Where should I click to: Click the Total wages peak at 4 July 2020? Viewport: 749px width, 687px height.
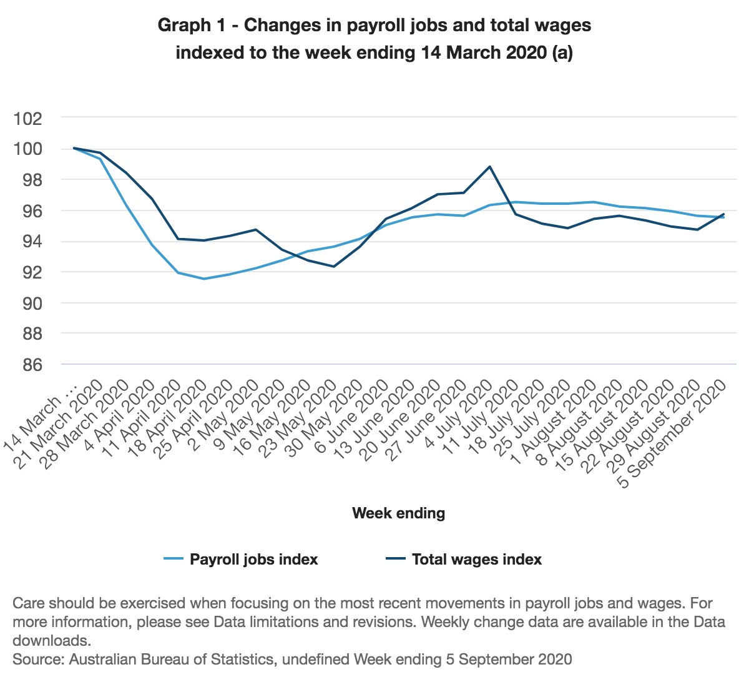tap(490, 167)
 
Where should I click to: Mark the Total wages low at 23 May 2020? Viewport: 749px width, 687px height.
tap(334, 267)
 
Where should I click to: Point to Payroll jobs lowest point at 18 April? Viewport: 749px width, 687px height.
tap(204, 279)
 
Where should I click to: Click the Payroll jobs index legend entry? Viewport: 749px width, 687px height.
tap(253, 560)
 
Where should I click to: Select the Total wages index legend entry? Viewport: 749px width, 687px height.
tap(476, 560)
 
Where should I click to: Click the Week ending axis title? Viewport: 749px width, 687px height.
tap(399, 513)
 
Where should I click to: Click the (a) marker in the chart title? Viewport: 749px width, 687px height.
tap(562, 53)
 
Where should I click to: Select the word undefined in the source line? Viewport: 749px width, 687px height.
tap(313, 660)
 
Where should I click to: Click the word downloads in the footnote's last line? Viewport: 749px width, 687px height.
tap(52, 641)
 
